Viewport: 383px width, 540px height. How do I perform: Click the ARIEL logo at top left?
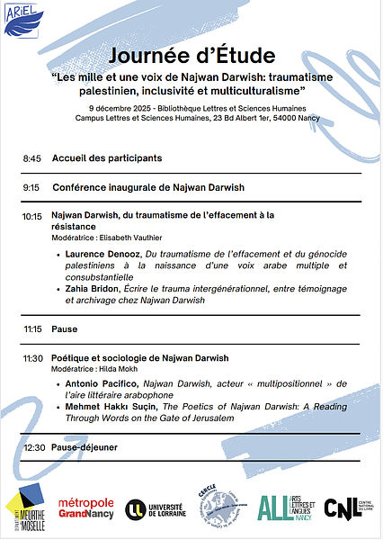22,21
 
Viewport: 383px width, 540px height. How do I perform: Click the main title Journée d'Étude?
191,55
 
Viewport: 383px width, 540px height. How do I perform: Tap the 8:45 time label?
32,158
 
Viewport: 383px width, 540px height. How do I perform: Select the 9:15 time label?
32,188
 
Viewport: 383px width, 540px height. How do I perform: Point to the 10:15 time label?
32,217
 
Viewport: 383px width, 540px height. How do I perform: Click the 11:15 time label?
32,329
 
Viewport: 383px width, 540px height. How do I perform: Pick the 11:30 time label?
32,358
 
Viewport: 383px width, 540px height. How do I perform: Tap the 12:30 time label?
34,447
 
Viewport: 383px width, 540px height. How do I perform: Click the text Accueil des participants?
107,158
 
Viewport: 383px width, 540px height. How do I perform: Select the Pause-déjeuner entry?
85,447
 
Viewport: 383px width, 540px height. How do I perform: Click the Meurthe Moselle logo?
24,511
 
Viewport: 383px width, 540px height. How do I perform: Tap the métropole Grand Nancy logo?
86,509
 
